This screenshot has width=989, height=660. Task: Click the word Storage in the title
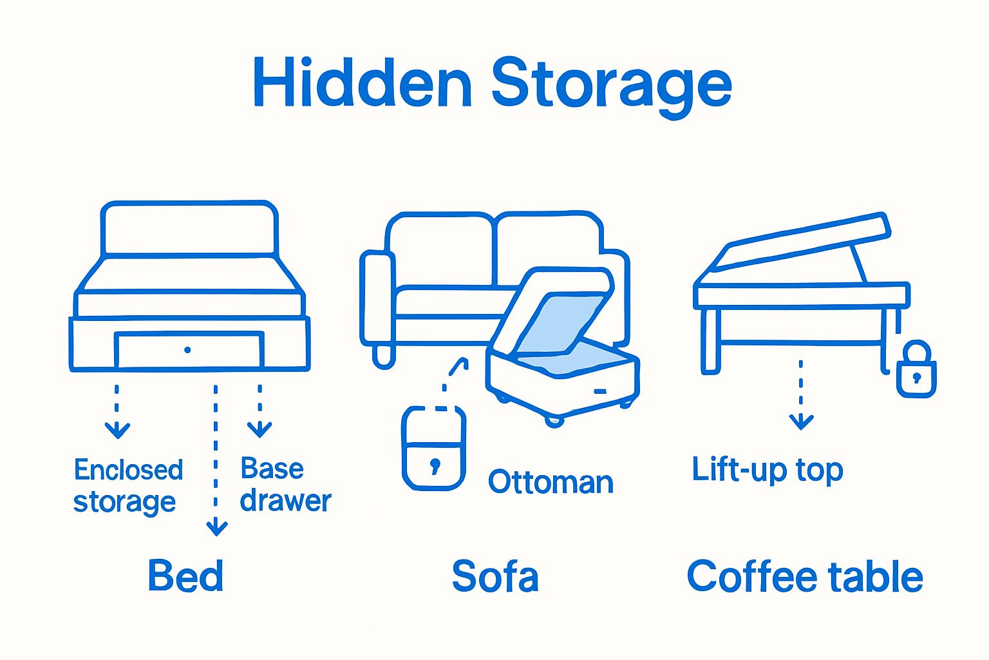(x=612, y=84)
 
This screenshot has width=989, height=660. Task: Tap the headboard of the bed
(x=189, y=229)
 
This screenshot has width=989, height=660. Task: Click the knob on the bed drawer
(x=187, y=350)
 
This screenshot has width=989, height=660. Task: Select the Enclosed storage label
(x=127, y=486)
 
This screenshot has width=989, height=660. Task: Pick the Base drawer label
(x=285, y=485)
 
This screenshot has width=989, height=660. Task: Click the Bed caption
(x=185, y=576)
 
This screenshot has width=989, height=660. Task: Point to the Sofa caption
(x=494, y=576)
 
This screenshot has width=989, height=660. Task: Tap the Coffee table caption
(x=805, y=576)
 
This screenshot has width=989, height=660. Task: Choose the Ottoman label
(x=551, y=482)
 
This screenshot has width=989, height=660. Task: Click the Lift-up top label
(x=767, y=470)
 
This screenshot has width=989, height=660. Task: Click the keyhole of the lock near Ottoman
(x=435, y=465)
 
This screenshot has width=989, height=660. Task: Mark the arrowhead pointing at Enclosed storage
(x=117, y=430)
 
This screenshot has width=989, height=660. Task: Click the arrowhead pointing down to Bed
(x=216, y=528)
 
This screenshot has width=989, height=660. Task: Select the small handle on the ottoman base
(x=600, y=391)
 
